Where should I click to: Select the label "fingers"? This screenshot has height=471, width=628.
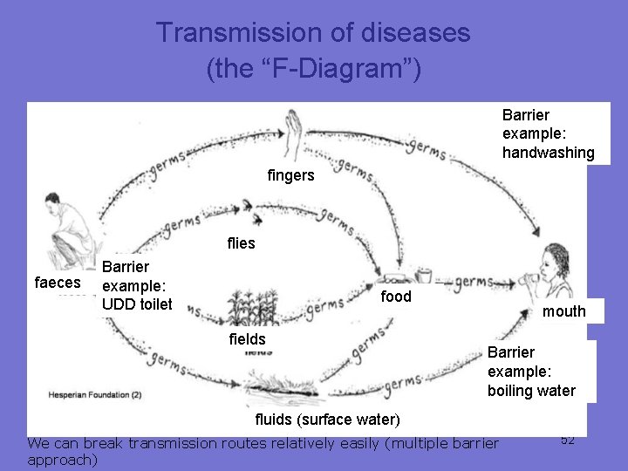(290, 175)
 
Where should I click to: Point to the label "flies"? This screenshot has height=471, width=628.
(241, 243)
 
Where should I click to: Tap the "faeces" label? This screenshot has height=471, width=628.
(56, 283)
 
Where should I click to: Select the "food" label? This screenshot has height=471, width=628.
(396, 297)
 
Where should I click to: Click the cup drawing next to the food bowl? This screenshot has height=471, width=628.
(424, 275)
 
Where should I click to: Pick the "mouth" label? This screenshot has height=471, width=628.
(564, 311)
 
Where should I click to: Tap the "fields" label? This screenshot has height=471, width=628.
(247, 338)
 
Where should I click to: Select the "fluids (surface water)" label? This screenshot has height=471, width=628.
(327, 420)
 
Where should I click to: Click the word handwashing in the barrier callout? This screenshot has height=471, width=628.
(548, 153)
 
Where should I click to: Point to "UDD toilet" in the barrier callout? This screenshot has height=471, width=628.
(137, 304)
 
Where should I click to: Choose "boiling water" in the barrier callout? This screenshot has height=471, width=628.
(531, 391)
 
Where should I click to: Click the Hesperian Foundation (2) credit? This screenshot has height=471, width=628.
(95, 395)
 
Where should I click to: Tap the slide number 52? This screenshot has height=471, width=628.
(568, 440)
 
